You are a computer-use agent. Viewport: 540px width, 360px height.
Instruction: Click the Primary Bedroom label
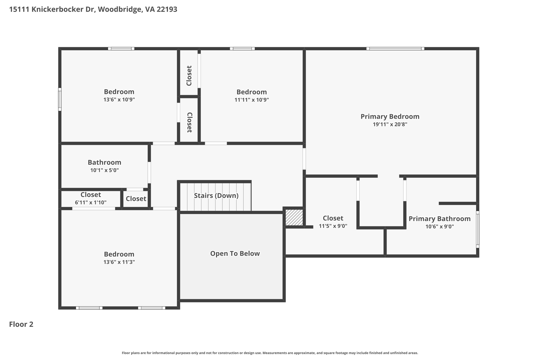(x=390, y=116)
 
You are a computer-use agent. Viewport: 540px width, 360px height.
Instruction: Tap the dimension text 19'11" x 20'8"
(x=390, y=124)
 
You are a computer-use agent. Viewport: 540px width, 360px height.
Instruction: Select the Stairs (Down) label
(x=216, y=195)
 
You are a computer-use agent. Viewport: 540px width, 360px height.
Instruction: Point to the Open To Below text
(x=235, y=253)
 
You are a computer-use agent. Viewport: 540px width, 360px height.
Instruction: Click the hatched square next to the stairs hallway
(x=294, y=217)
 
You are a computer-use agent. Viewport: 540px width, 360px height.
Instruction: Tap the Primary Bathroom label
(x=439, y=219)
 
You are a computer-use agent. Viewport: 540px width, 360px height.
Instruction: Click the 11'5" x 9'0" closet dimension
(x=333, y=226)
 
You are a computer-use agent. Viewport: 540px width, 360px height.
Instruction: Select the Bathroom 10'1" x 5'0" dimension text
(x=104, y=170)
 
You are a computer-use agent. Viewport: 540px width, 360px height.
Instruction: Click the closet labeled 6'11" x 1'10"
(x=90, y=202)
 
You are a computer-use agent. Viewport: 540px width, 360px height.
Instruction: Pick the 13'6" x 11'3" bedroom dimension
(x=119, y=262)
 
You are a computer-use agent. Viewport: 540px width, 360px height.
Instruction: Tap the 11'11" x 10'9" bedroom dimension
(x=252, y=100)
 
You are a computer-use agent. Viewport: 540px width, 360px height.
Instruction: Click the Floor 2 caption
(x=21, y=324)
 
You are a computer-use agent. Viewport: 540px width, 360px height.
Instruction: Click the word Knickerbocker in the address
(x=64, y=9)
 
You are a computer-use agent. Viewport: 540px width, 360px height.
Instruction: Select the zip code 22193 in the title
(x=167, y=9)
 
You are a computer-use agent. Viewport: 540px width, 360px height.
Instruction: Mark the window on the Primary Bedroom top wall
(x=395, y=49)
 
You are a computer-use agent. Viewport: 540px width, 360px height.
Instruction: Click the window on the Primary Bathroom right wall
(x=477, y=229)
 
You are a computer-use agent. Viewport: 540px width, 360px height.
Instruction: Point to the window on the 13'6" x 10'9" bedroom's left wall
(x=60, y=99)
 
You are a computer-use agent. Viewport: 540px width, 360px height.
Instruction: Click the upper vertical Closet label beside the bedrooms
(x=189, y=76)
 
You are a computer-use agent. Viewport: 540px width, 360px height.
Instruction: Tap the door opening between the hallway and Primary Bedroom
(x=304, y=159)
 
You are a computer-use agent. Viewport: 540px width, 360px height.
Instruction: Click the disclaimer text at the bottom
(x=270, y=353)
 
